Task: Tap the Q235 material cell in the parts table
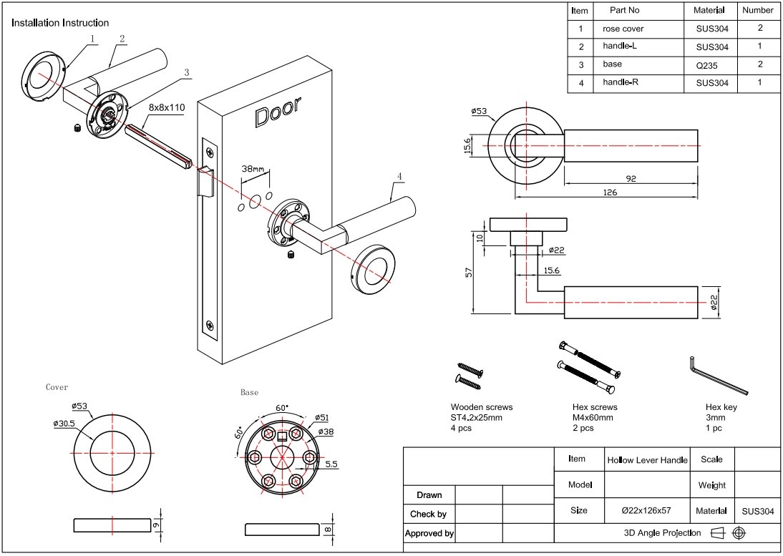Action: coord(711,64)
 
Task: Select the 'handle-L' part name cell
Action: coord(619,47)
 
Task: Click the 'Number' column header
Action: coord(757,10)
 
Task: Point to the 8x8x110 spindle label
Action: coord(167,107)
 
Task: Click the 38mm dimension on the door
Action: coord(253,170)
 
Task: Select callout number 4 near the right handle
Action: coord(399,175)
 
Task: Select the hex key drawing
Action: coord(717,376)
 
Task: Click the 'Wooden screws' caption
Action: coord(481,407)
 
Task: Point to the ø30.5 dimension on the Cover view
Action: coord(64,424)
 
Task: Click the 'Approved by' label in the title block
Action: coord(429,533)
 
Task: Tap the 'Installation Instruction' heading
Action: coord(60,23)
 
